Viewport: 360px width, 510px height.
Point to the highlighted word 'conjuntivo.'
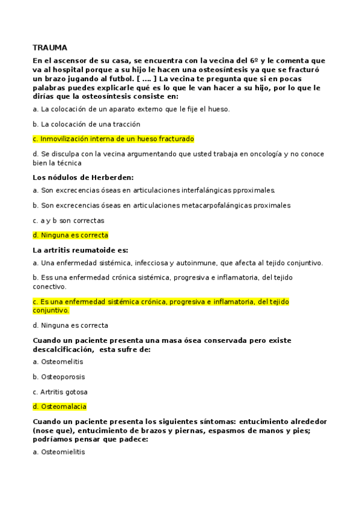[50, 310]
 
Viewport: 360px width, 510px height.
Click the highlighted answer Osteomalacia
[63, 407]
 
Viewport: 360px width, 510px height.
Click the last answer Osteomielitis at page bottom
[63, 452]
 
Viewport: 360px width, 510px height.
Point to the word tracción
[124, 124]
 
